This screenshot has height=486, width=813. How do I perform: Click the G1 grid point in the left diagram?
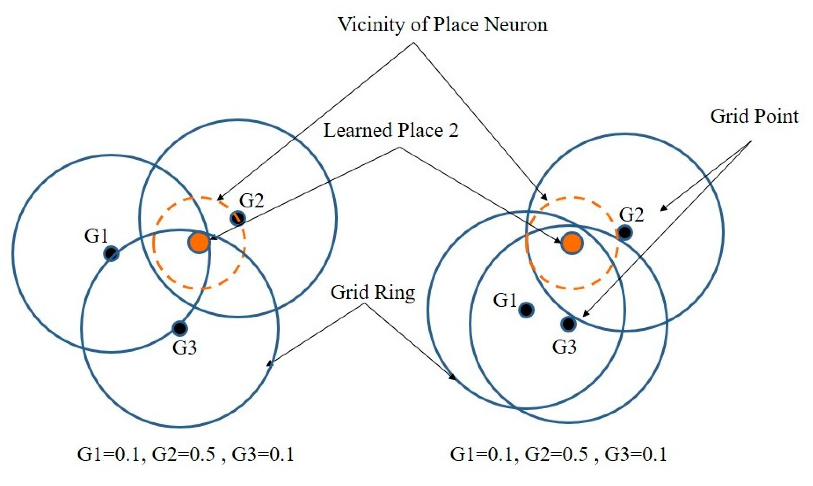pyautogui.click(x=111, y=253)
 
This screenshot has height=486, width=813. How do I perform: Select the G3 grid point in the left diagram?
pyautogui.click(x=180, y=328)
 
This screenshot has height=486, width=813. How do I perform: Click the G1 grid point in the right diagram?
pyautogui.click(x=526, y=309)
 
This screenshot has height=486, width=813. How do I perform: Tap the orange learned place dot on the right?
pyautogui.click(x=572, y=243)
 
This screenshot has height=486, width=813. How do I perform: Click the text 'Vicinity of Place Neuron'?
pyautogui.click(x=442, y=24)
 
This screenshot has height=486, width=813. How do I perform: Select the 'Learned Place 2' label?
pyautogui.click(x=391, y=130)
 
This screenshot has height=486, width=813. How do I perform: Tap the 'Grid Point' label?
pyautogui.click(x=754, y=116)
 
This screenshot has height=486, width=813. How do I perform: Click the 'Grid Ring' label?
pyautogui.click(x=373, y=292)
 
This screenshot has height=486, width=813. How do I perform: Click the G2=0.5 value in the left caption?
pyautogui.click(x=184, y=455)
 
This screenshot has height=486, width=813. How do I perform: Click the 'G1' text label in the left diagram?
pyautogui.click(x=96, y=236)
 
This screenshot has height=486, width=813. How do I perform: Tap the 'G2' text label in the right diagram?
pyautogui.click(x=631, y=215)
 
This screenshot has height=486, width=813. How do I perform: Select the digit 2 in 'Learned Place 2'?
pyautogui.click(x=453, y=130)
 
